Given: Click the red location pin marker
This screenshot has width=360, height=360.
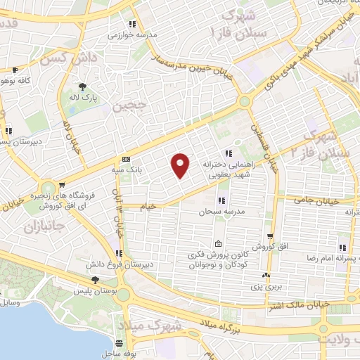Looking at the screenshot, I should (x=181, y=165).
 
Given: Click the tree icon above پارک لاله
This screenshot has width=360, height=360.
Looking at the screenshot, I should (x=84, y=87).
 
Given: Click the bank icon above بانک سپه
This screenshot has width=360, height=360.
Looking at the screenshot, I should (x=126, y=159).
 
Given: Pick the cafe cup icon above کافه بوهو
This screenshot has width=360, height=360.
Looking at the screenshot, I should (x=16, y=70).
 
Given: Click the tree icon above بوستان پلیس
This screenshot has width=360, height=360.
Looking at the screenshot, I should (x=85, y=279).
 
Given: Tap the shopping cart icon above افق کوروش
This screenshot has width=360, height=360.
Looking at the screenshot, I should (x=270, y=238).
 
